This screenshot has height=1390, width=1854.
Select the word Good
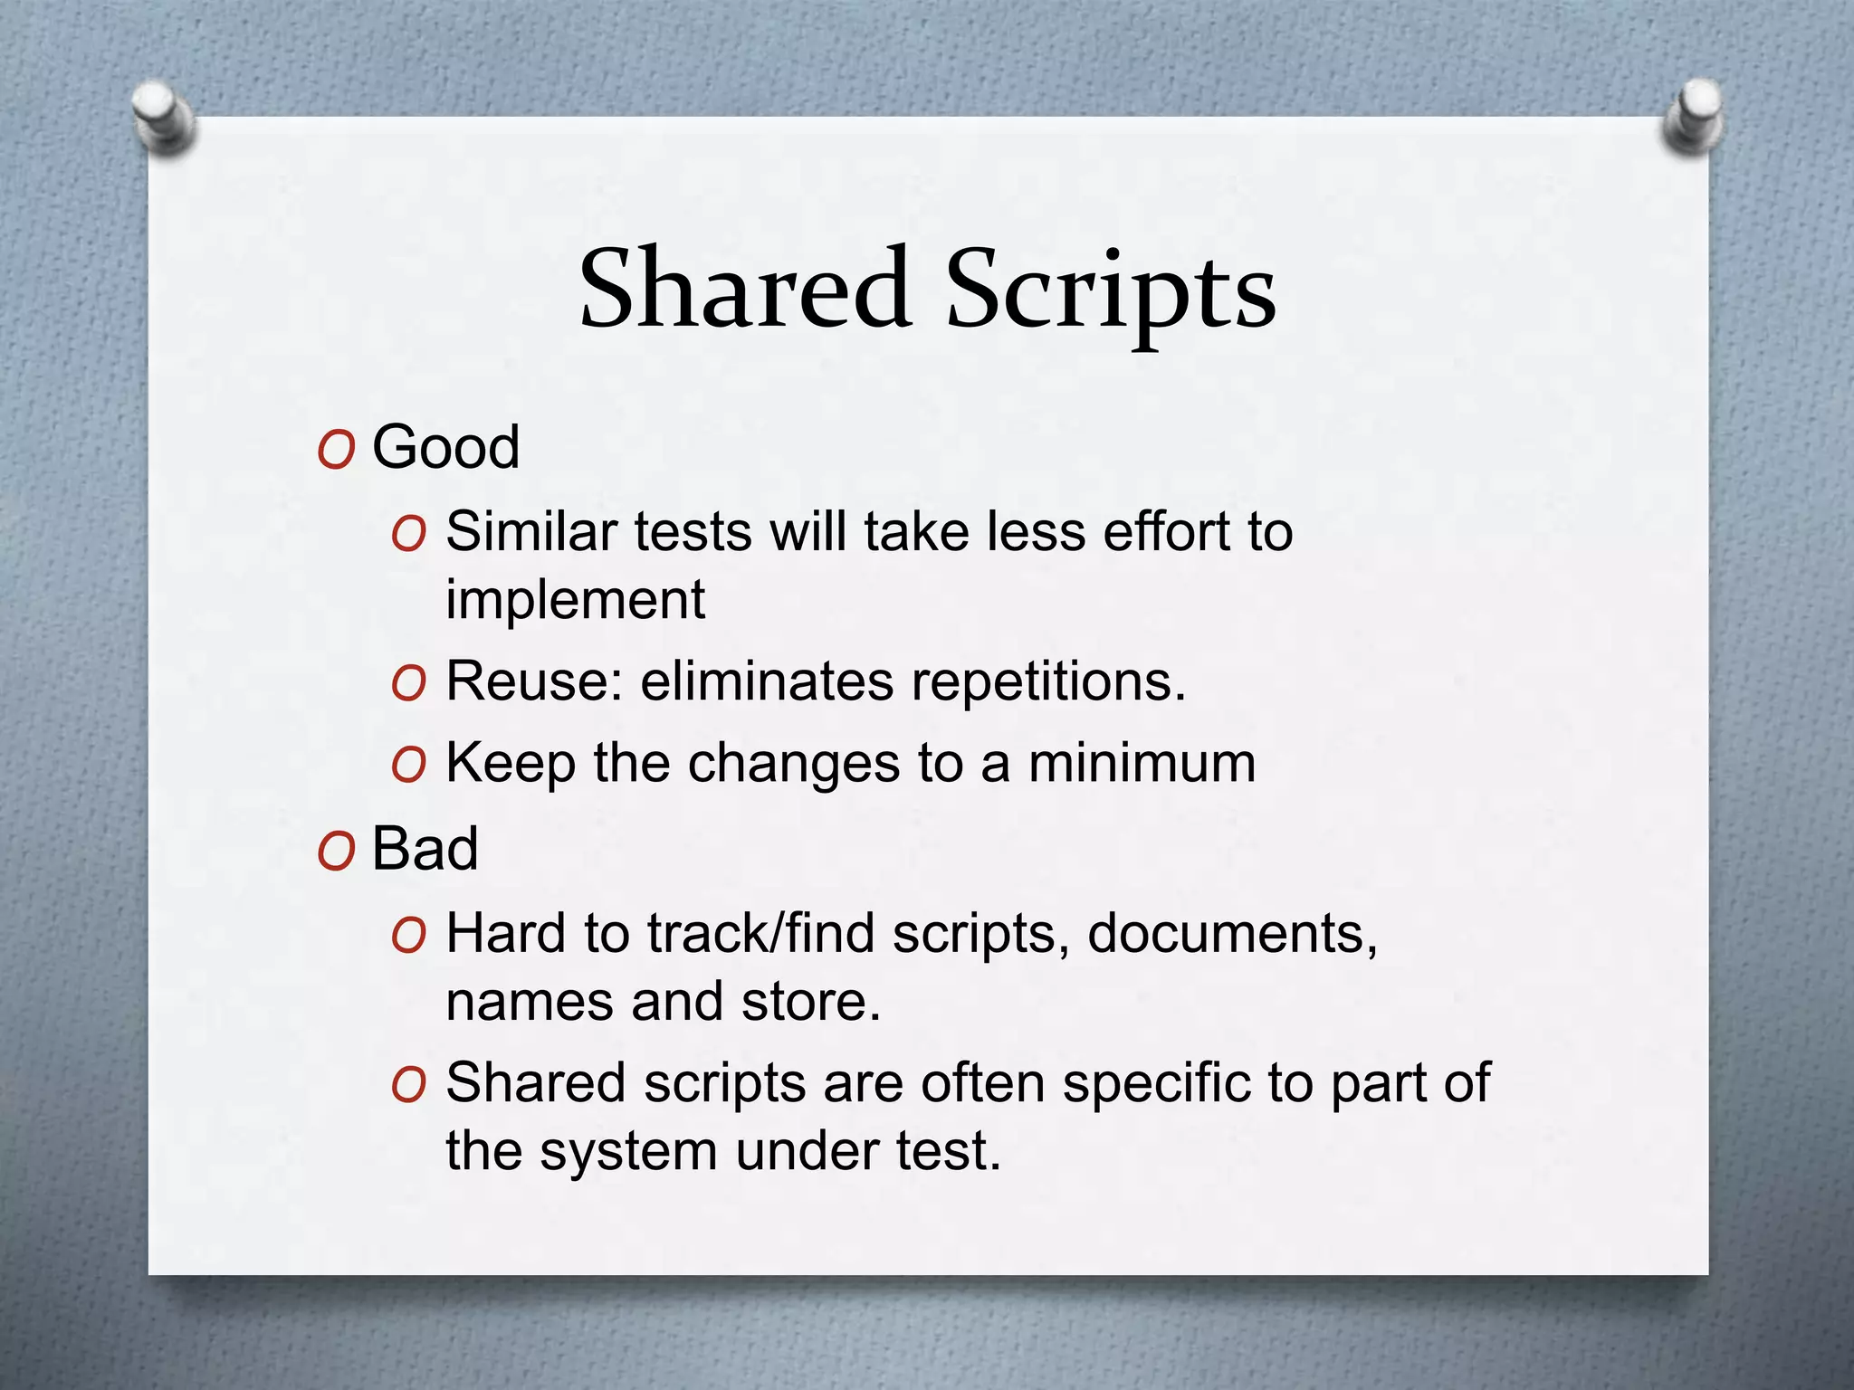[x=446, y=447]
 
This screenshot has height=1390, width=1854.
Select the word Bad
[x=425, y=849]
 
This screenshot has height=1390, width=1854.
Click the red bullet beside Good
[x=336, y=450]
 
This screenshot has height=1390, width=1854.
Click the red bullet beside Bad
[x=336, y=852]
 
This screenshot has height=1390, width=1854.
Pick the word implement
[x=575, y=600]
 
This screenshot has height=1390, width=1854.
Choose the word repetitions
[x=1048, y=682]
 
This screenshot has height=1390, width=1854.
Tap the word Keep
[x=511, y=764]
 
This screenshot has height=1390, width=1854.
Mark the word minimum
[x=1142, y=763]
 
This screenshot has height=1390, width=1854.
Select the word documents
[x=1232, y=934]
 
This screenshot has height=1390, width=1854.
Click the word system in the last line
[x=629, y=1152]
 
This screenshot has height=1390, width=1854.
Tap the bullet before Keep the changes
[x=409, y=766]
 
